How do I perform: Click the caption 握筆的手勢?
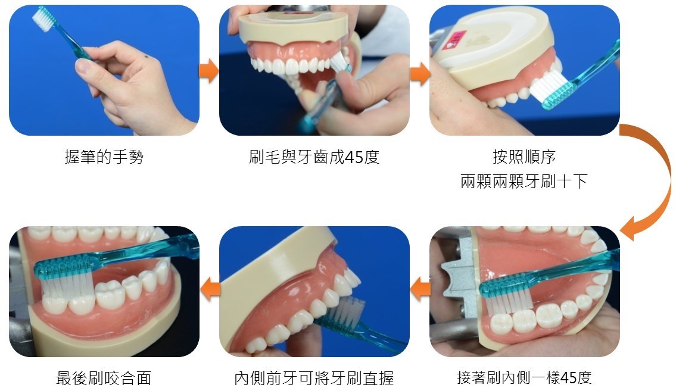[x=104, y=157]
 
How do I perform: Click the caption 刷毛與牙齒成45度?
[x=314, y=157]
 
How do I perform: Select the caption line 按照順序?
[x=524, y=157]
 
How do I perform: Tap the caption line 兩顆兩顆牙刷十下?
[x=524, y=182]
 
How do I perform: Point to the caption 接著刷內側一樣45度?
[x=524, y=378]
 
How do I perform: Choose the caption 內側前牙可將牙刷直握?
[x=314, y=378]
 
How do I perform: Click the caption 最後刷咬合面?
[x=104, y=378]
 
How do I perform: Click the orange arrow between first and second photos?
[x=209, y=71]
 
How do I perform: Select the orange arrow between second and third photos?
[x=420, y=73]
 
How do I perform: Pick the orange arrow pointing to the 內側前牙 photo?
[x=420, y=289]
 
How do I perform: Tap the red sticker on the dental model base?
[x=453, y=41]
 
